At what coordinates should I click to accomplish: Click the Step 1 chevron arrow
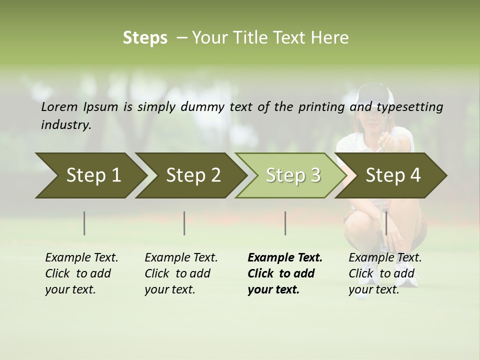tap(90, 175)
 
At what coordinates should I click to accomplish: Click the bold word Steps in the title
tap(145, 37)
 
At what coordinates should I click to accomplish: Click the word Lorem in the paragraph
tap(59, 106)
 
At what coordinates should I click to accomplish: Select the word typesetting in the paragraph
tap(409, 106)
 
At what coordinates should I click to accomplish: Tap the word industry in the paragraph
tap(65, 124)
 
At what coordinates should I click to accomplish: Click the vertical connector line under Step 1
tap(84, 223)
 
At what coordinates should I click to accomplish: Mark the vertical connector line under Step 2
tap(184, 223)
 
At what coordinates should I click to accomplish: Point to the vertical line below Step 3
tap(285, 223)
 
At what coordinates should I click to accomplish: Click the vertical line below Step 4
tap(386, 223)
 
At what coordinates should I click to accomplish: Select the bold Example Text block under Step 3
tap(285, 273)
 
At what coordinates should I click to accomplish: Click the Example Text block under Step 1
tap(81, 273)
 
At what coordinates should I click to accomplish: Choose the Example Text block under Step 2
tap(181, 273)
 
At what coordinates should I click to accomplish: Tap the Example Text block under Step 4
tap(385, 273)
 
